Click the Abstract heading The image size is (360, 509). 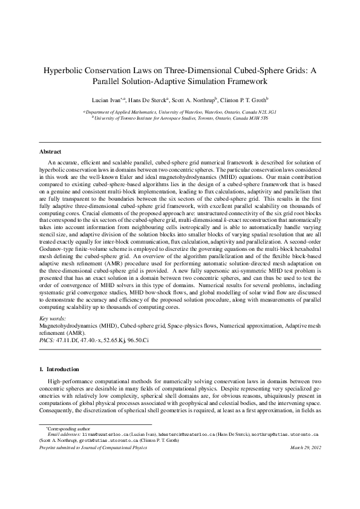click(50, 151)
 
